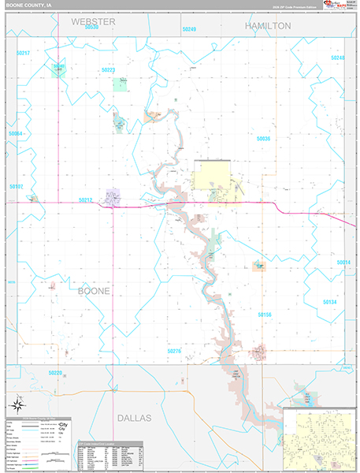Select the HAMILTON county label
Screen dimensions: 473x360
[x=268, y=26]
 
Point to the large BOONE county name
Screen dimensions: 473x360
[x=94, y=291]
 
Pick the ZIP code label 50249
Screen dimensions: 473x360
[x=189, y=29]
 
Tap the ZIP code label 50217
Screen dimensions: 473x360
[x=23, y=53]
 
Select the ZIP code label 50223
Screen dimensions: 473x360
[x=109, y=70]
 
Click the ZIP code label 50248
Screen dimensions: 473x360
[x=337, y=58]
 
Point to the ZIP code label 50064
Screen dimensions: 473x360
[x=16, y=134]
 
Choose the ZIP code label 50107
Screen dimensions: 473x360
[x=16, y=187]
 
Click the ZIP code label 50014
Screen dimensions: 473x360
[x=342, y=263]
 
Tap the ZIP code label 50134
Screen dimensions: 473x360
[x=329, y=302]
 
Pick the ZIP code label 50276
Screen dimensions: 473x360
[x=174, y=351]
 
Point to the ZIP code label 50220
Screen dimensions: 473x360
[x=54, y=372]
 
